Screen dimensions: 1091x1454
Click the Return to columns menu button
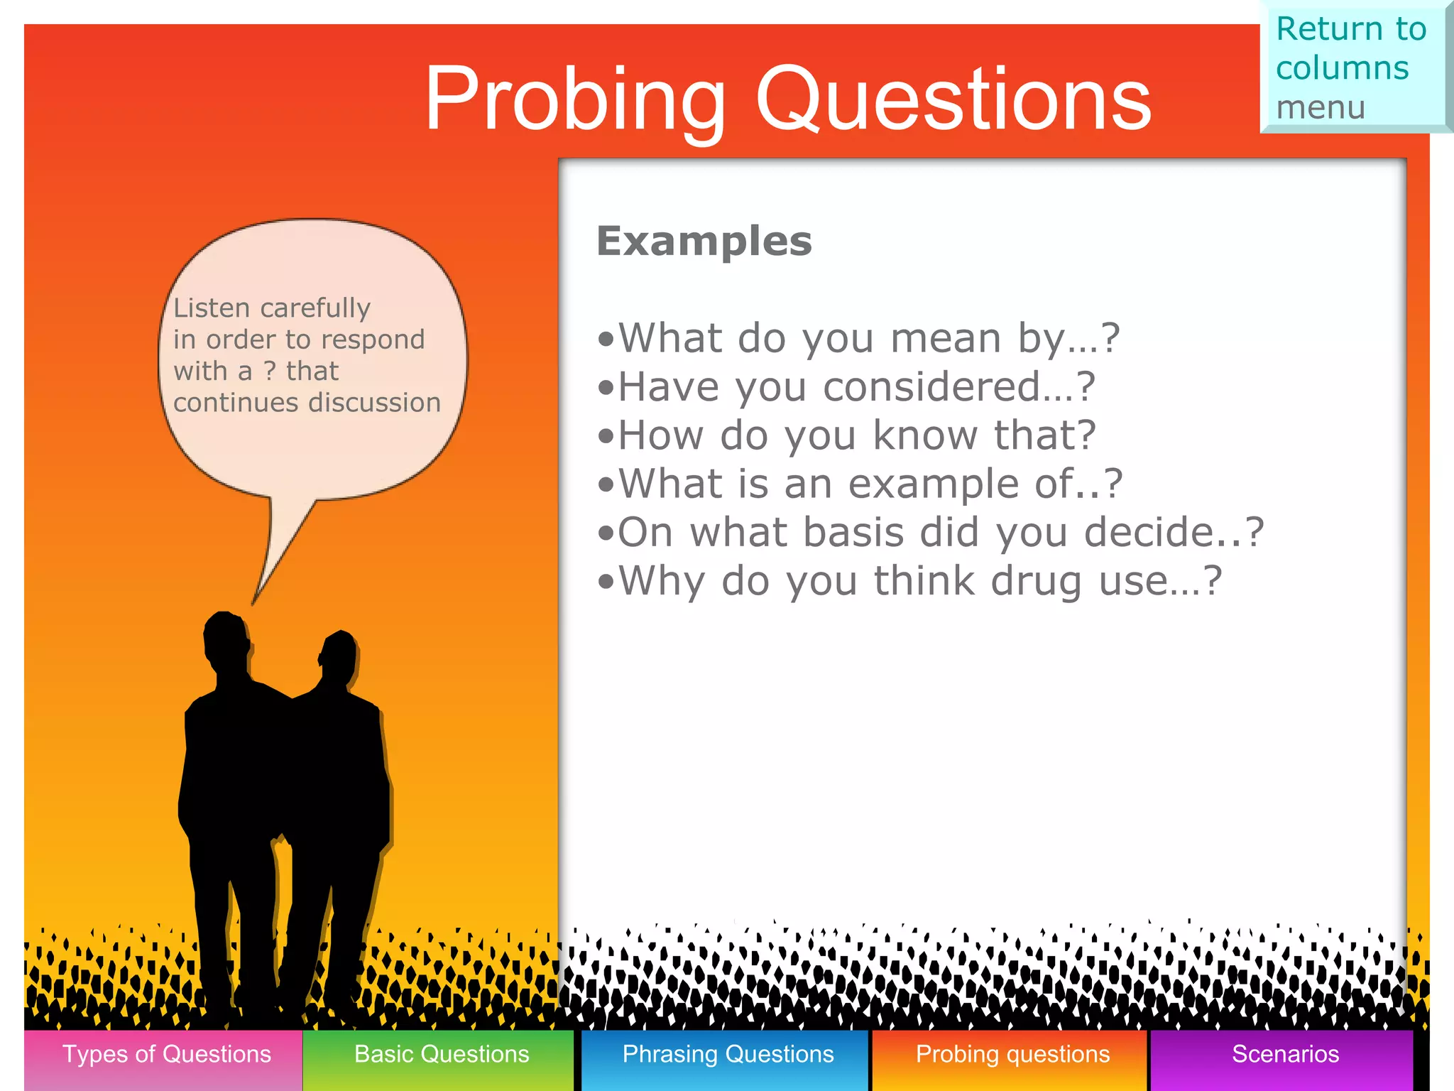(1352, 67)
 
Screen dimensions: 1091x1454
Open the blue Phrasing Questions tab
(727, 1055)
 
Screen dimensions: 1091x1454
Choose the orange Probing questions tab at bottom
(1012, 1055)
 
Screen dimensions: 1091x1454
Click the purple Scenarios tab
(1285, 1055)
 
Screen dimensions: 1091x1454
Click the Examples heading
(704, 241)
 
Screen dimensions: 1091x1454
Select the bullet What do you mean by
(859, 338)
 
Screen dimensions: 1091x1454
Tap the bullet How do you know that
(848, 435)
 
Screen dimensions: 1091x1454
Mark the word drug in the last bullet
(1037, 581)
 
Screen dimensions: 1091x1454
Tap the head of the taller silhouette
(226, 639)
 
